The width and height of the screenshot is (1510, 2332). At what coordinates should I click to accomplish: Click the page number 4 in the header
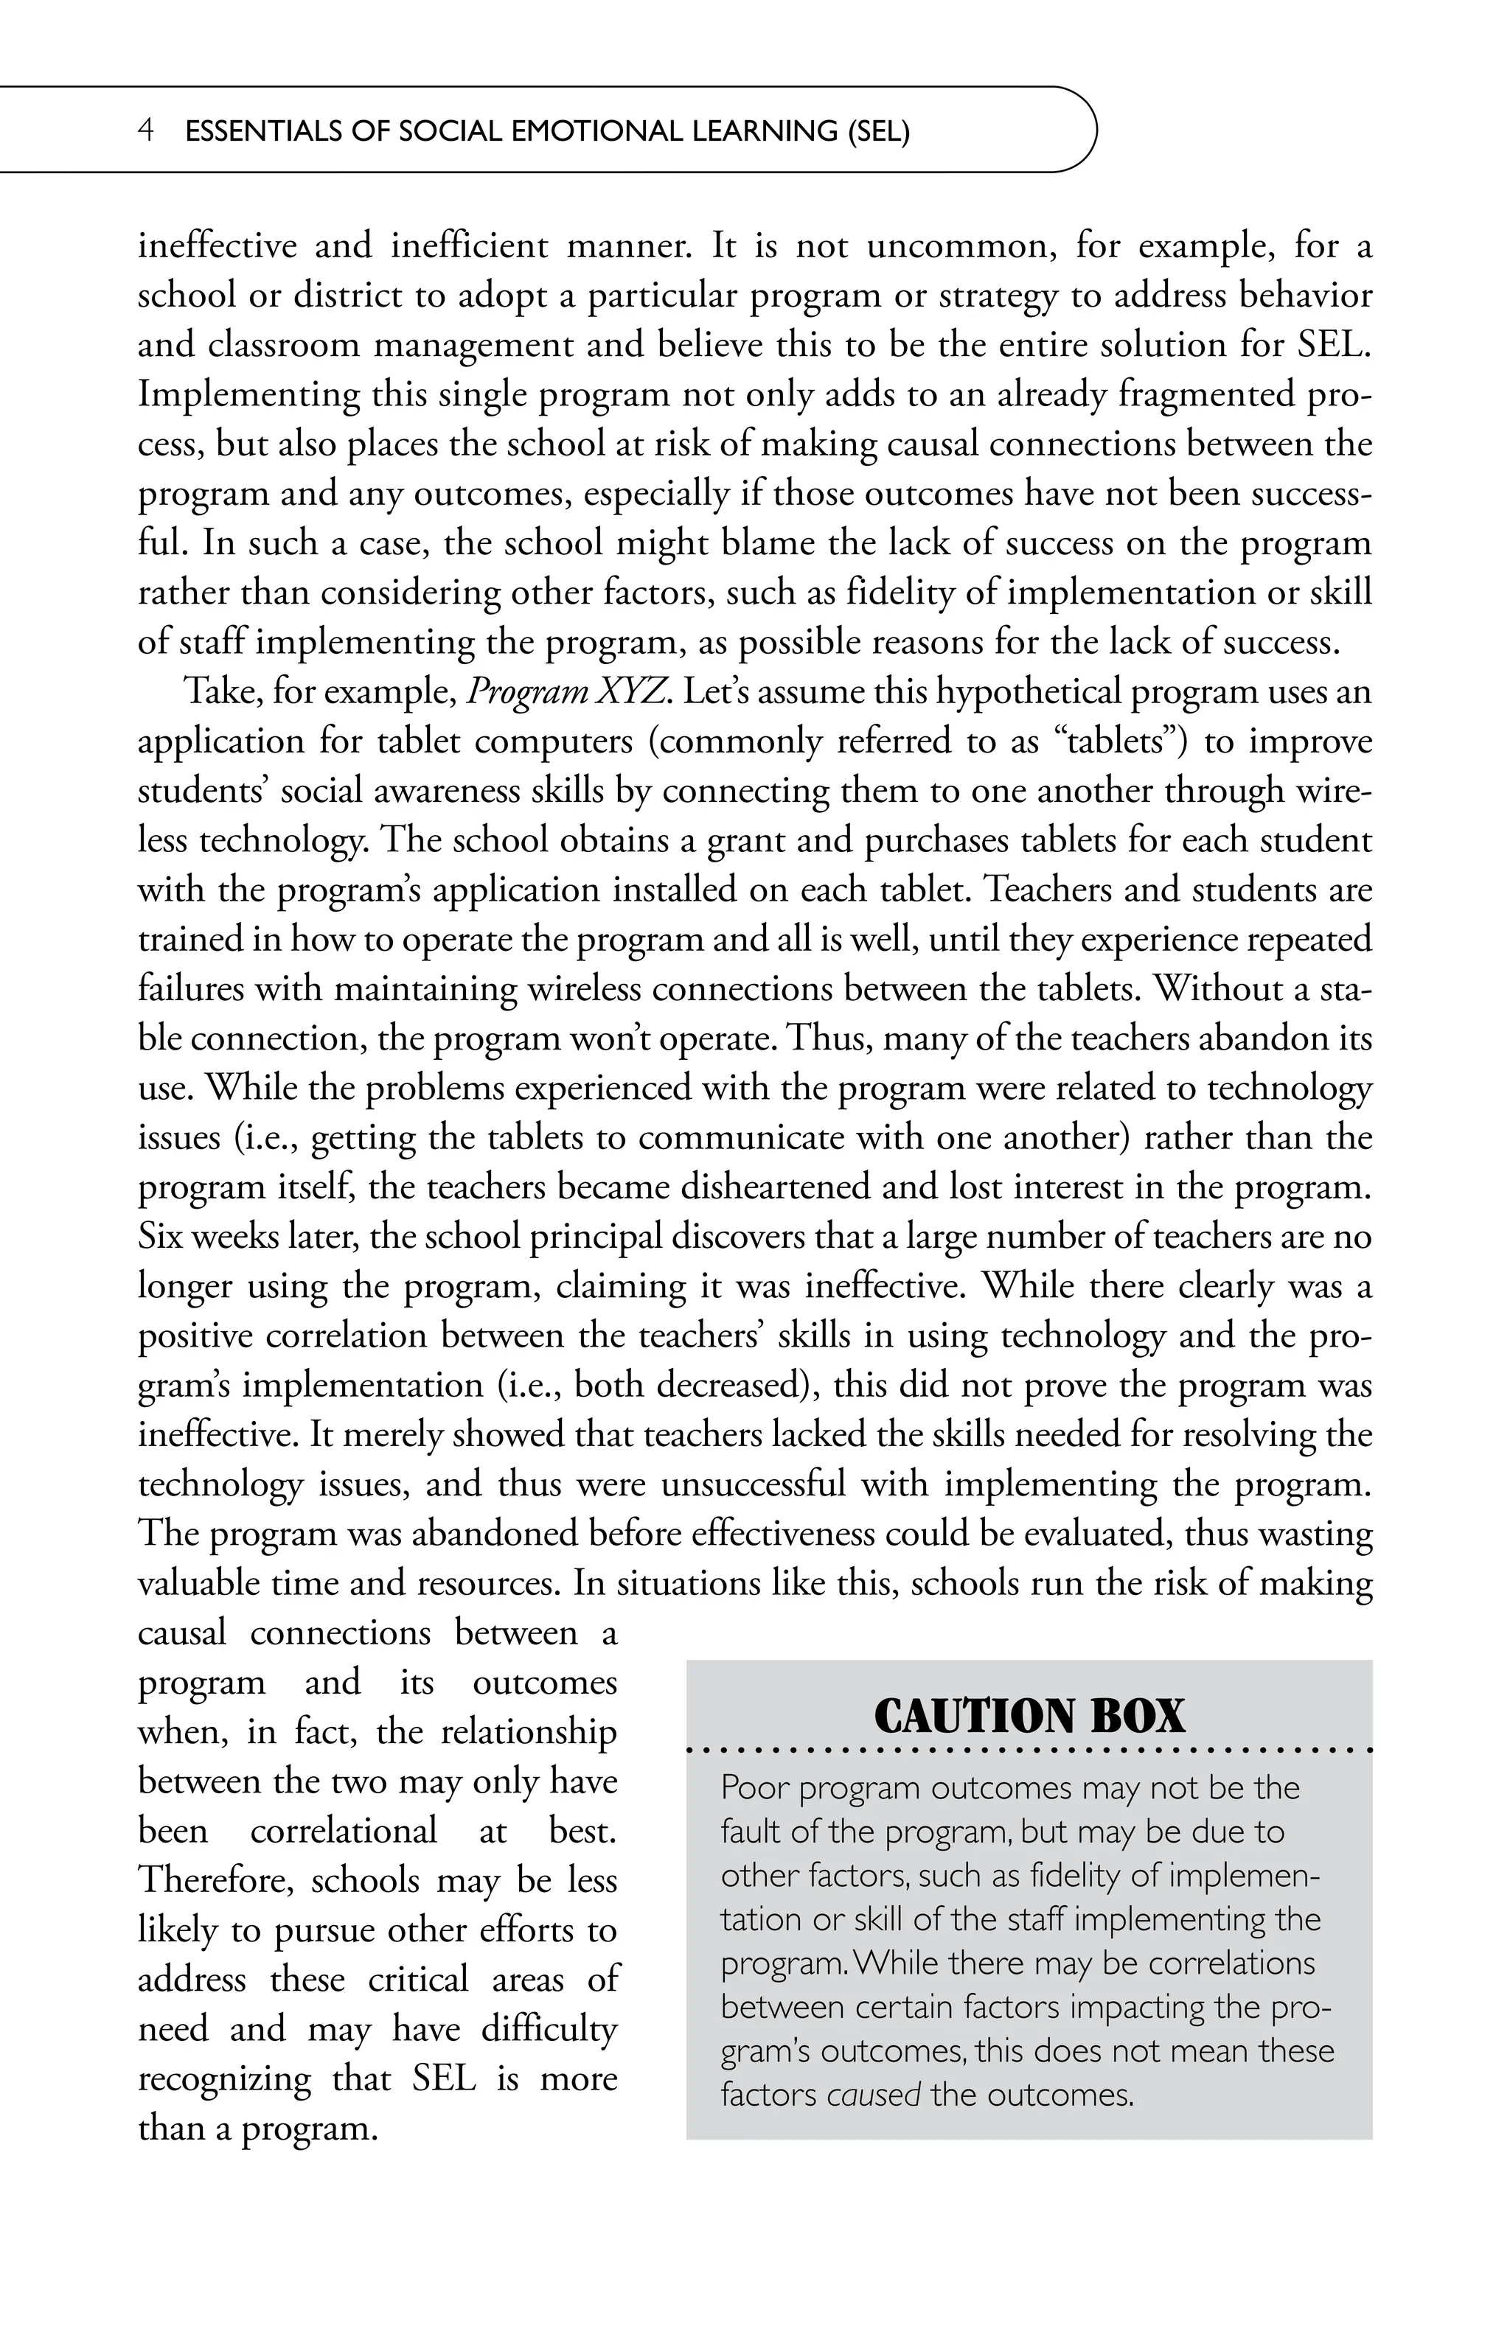coord(145,131)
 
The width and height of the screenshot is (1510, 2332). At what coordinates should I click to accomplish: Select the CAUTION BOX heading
coord(1028,1716)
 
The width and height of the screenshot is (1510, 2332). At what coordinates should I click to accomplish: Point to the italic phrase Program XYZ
coord(568,692)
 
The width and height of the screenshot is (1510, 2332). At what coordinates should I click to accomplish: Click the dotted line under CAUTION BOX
coord(1028,1749)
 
